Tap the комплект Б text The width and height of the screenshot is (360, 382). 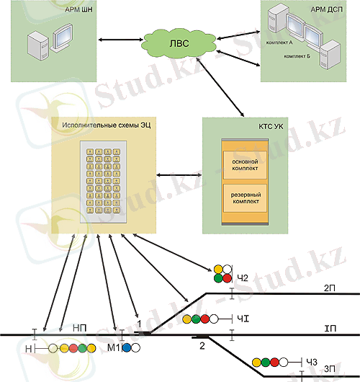pyautogui.click(x=297, y=55)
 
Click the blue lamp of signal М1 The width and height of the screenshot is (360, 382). pyautogui.click(x=126, y=347)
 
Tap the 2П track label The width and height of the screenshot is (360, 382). pyautogui.click(x=329, y=288)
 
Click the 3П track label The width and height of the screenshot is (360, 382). pyautogui.click(x=329, y=369)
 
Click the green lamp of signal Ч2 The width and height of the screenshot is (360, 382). pyautogui.click(x=218, y=278)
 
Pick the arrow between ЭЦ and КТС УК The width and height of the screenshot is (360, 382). pyautogui.click(x=180, y=174)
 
